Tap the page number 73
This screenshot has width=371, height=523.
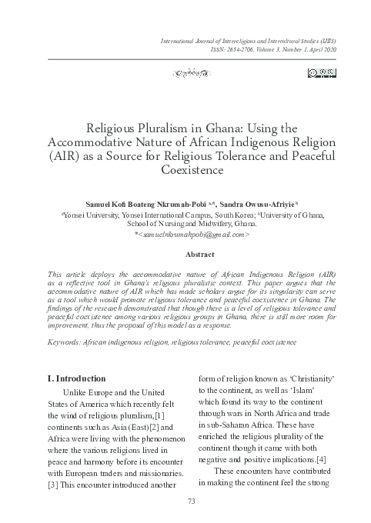[x=185, y=501]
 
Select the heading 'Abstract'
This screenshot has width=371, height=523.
[x=185, y=252]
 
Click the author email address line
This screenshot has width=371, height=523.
[x=185, y=232]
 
